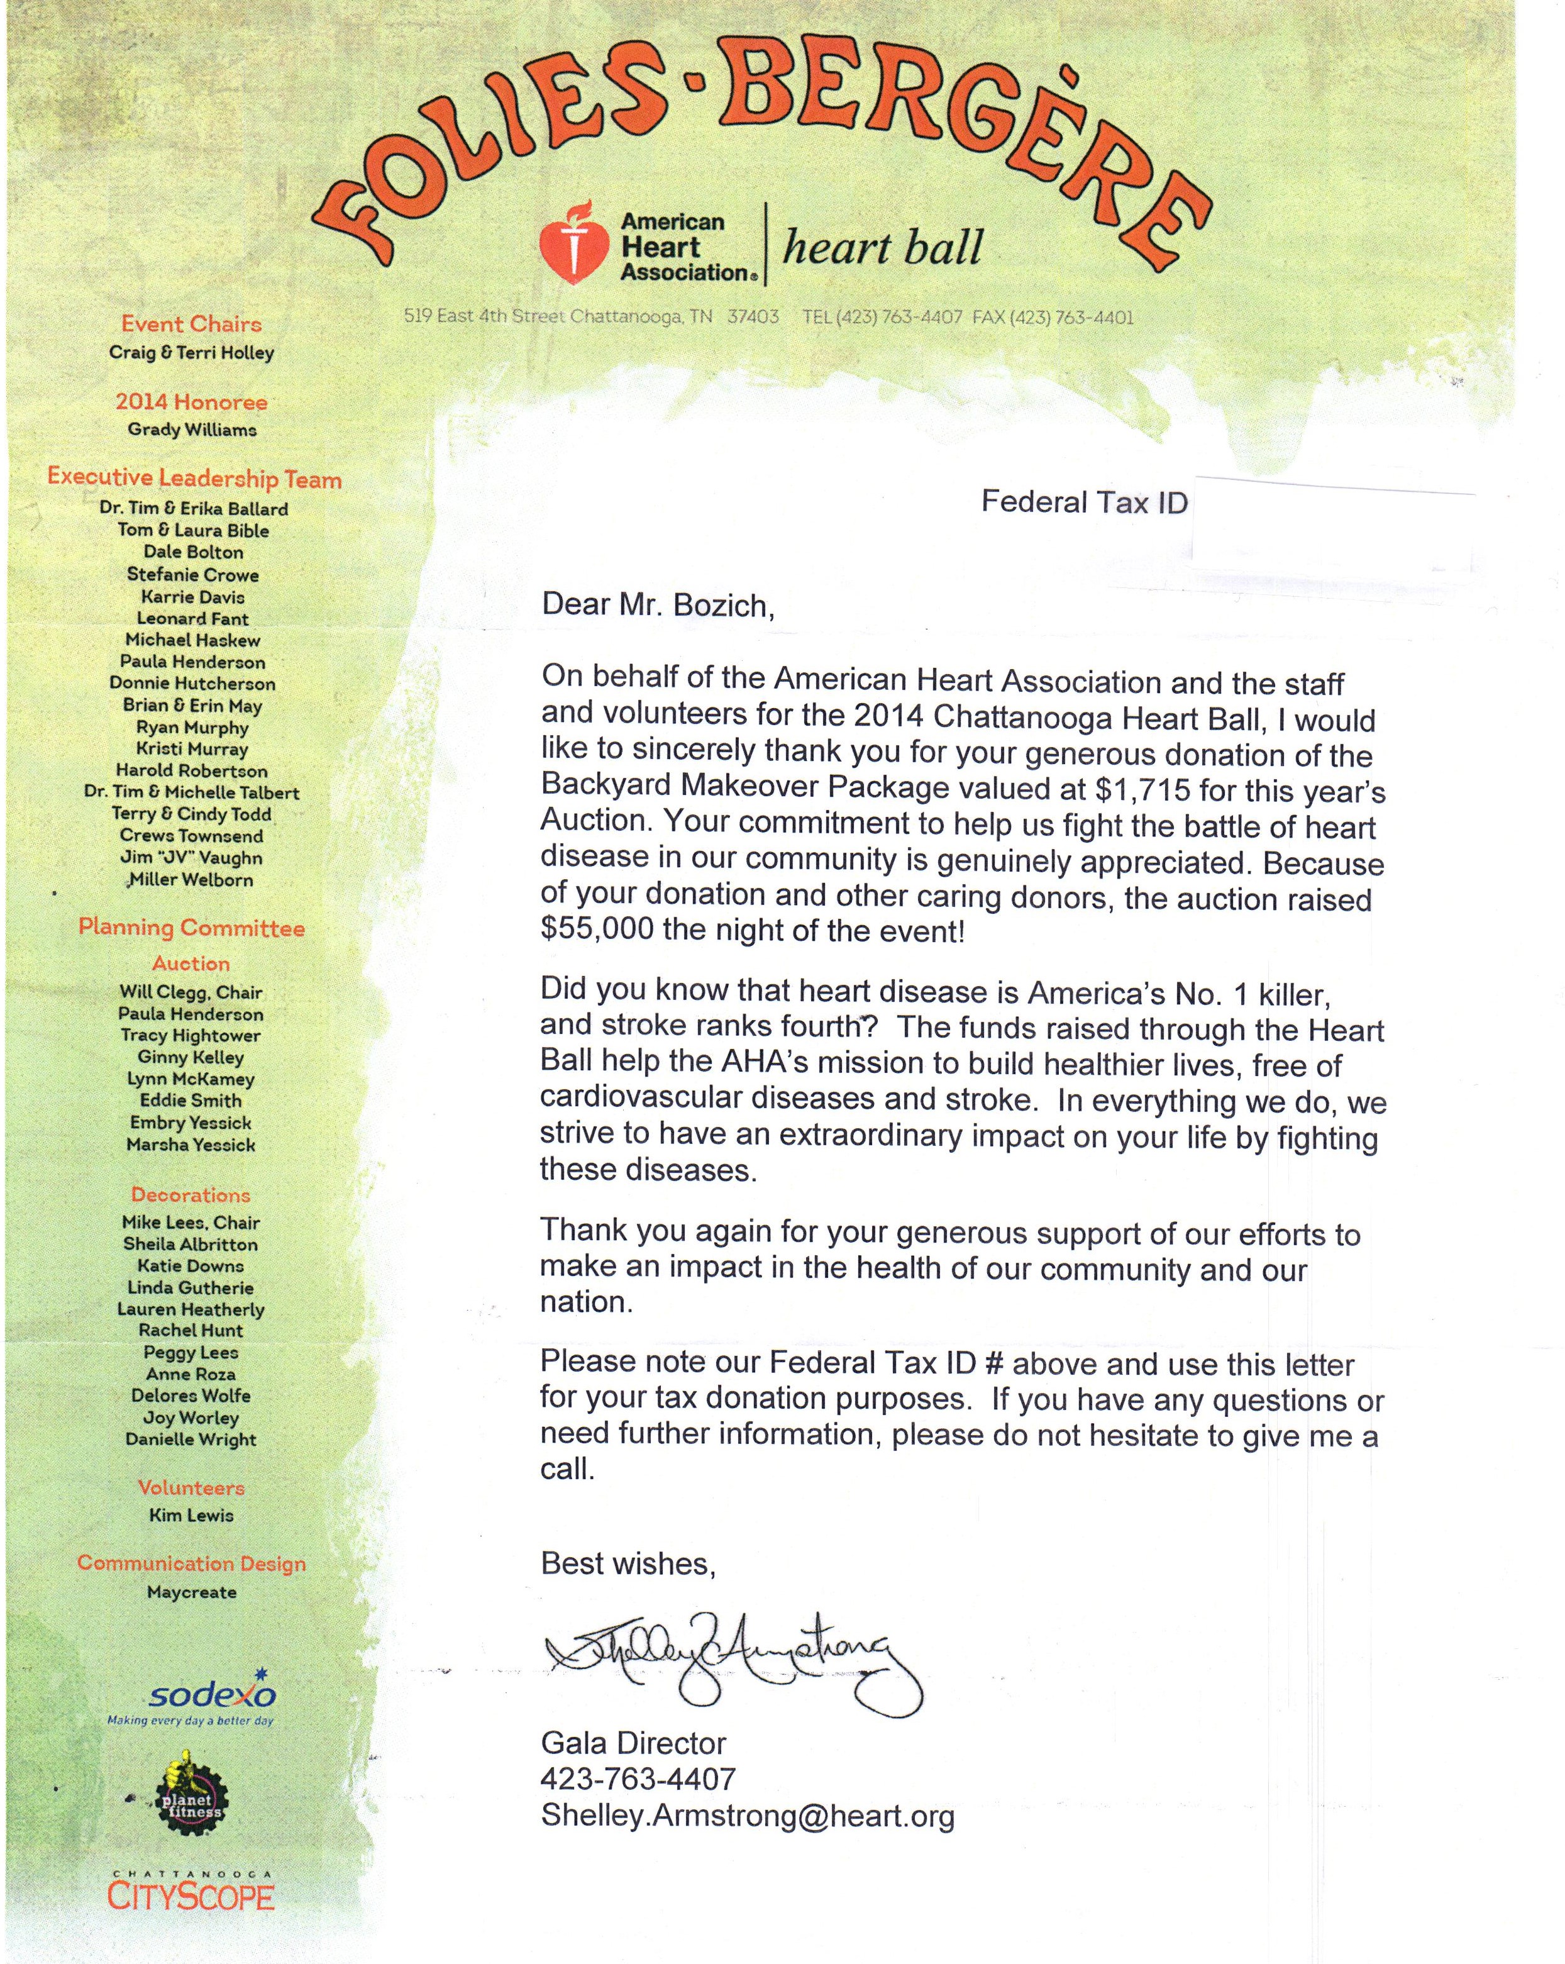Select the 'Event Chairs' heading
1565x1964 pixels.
tap(191, 325)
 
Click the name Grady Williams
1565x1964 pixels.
tap(192, 430)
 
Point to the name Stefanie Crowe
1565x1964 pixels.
tap(193, 575)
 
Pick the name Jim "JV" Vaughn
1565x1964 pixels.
tap(191, 858)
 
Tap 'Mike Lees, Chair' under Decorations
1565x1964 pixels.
tap(191, 1223)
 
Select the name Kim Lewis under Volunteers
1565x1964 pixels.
tap(191, 1515)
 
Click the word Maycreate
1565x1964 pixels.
tap(191, 1592)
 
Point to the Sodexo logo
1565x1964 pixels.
tap(211, 1695)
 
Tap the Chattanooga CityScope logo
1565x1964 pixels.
tap(191, 1893)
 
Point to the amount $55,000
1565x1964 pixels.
tap(597, 930)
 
